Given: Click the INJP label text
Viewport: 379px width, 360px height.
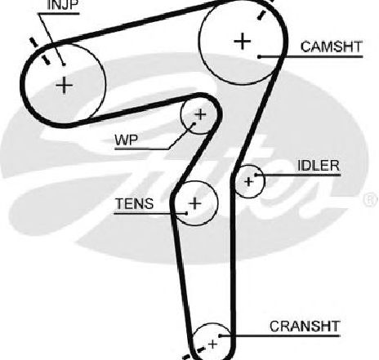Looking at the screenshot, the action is [62, 5].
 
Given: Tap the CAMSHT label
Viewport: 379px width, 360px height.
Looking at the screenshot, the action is [332, 47].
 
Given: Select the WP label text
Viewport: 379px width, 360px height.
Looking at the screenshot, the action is [127, 140].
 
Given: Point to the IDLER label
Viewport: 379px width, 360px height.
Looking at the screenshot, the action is [319, 166].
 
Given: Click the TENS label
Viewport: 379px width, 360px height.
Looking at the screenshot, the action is [135, 203].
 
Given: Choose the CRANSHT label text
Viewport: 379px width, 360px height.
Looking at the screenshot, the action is [305, 326].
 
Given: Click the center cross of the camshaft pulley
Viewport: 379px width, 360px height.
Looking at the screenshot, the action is [242, 42].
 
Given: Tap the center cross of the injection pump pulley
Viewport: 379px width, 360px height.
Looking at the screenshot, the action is [65, 86].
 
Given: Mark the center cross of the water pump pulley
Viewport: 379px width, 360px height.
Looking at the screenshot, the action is [201, 115].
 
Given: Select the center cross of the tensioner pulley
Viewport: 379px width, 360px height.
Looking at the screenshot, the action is [195, 203].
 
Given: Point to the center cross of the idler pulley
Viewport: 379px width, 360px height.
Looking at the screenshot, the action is [248, 181].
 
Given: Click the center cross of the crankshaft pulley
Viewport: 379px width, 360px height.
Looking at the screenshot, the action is [212, 344].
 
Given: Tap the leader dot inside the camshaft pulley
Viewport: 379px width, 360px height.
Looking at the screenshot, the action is [260, 56].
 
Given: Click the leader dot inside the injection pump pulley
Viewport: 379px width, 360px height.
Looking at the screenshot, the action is [64, 64].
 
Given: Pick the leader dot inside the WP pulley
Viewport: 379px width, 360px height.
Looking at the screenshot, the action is [194, 123].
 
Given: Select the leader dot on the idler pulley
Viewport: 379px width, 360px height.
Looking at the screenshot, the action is [256, 175].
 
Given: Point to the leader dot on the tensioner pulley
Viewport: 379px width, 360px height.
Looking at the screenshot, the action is [186, 213].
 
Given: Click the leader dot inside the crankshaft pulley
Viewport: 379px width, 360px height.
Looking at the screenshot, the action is [220, 336].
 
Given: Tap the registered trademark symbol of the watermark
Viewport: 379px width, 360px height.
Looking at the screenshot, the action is [372, 199].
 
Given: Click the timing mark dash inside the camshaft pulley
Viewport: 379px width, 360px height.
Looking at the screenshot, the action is [261, 15].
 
